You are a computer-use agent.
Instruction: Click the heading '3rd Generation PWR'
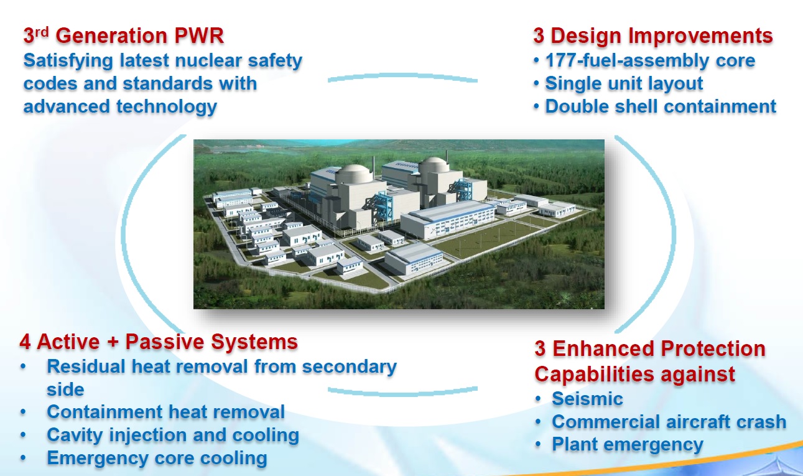point(124,35)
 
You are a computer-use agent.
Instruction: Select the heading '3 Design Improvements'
point(653,36)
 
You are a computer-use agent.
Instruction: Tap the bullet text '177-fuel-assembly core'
point(650,60)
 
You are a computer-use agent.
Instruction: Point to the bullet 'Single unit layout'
point(624,83)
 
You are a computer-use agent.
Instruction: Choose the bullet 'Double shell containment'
point(661,106)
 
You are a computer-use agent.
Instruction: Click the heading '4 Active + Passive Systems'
point(159,342)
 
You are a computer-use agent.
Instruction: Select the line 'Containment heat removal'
point(165,412)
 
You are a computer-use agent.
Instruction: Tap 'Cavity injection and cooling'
point(173,435)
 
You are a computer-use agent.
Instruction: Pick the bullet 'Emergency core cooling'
point(157,458)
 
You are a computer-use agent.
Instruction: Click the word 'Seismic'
point(587,399)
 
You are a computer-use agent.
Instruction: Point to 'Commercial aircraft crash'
point(669,422)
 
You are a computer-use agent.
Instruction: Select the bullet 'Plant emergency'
point(628,445)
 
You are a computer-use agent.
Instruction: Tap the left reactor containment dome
point(354,173)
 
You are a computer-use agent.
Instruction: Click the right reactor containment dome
point(434,164)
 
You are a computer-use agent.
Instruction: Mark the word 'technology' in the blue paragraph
point(167,107)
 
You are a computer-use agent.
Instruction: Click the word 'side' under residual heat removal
point(65,390)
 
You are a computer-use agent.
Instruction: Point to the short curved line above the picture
point(402,75)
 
